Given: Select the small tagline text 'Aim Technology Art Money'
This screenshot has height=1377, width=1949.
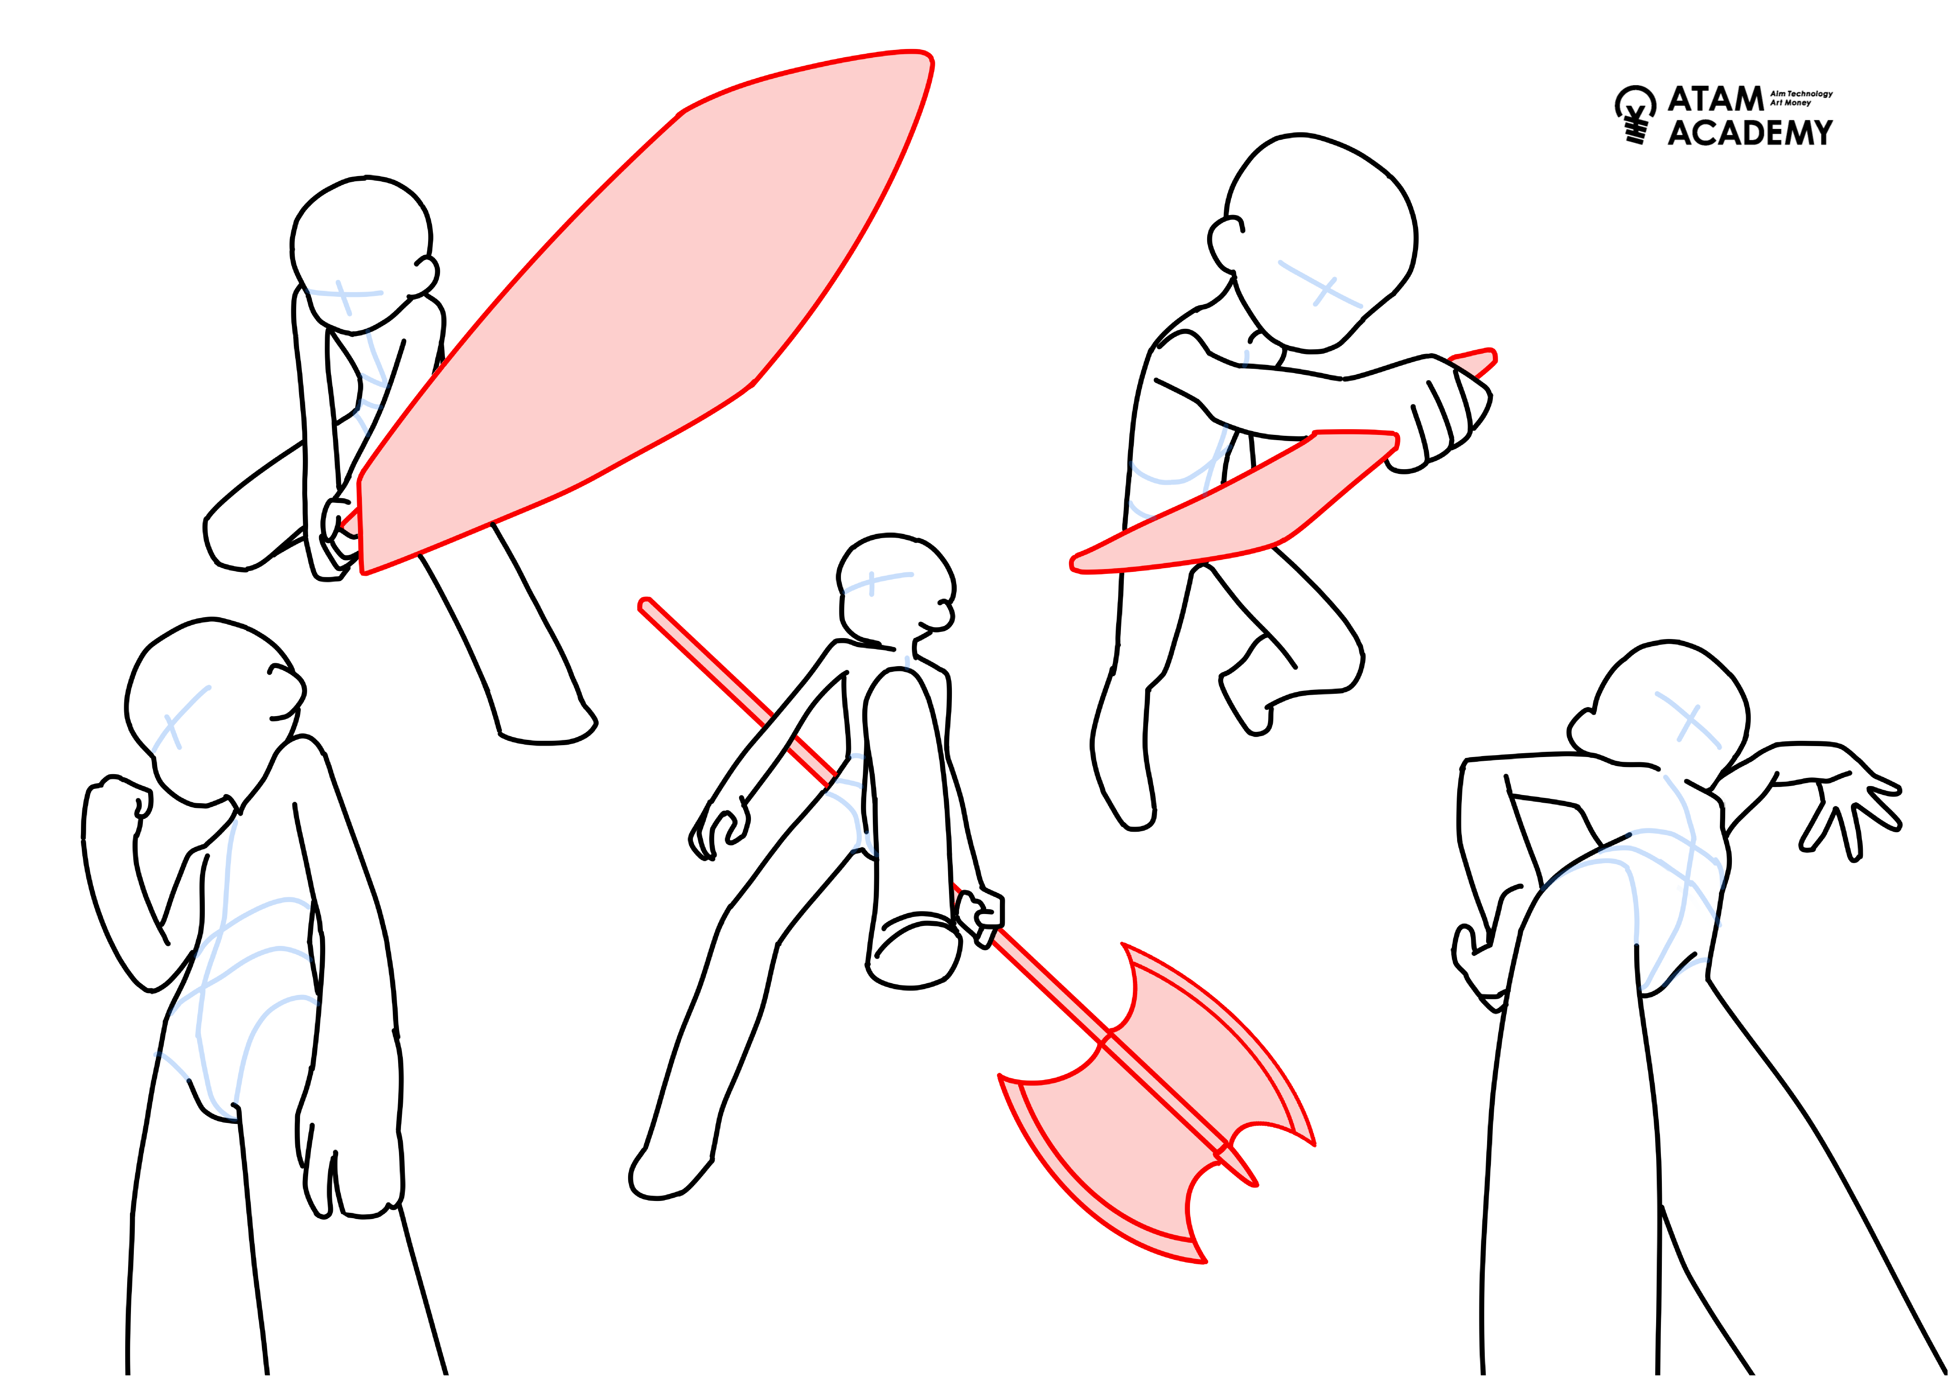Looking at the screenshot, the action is point(1800,98).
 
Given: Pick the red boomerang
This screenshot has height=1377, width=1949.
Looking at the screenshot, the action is point(1256,501).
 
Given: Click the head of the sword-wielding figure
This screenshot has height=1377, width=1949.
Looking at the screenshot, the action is point(363,255).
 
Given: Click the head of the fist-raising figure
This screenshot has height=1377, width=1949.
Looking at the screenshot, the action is point(212,713).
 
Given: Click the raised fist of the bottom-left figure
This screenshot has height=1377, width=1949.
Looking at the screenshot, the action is point(119,802).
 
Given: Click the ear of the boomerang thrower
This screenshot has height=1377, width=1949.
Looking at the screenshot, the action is point(1225,244).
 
